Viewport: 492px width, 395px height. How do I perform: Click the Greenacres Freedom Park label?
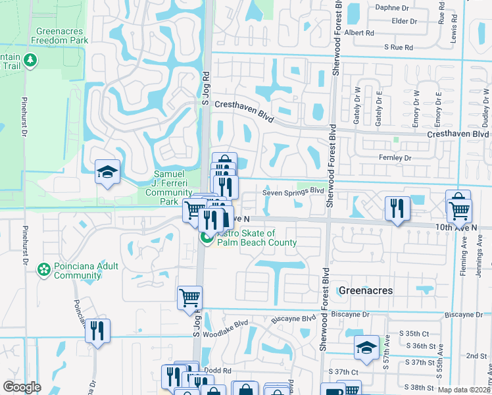63,36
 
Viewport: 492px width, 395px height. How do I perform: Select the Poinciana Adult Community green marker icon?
44,269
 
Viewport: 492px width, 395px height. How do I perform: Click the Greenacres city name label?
365,290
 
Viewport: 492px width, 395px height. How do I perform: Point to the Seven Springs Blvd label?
293,192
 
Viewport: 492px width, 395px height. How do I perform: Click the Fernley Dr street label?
395,158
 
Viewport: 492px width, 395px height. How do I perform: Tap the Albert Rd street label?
358,32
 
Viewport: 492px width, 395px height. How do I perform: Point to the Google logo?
22,387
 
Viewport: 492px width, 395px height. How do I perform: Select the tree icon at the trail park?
30,60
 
